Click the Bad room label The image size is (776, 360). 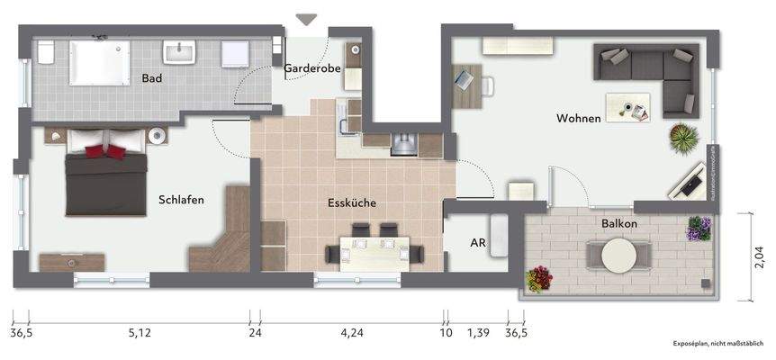[152, 79]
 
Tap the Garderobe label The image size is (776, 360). [310, 68]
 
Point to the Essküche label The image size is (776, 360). [351, 203]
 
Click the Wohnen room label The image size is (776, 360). [579, 118]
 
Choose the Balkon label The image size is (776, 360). [620, 222]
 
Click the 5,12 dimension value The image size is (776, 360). [140, 332]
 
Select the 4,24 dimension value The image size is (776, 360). [352, 332]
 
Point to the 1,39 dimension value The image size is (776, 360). [478, 332]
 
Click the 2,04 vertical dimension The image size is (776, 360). [760, 257]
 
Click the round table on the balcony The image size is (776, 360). [620, 255]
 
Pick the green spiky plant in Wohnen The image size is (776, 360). [684, 138]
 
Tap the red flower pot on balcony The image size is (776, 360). [539, 278]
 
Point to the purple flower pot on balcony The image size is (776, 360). [699, 229]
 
